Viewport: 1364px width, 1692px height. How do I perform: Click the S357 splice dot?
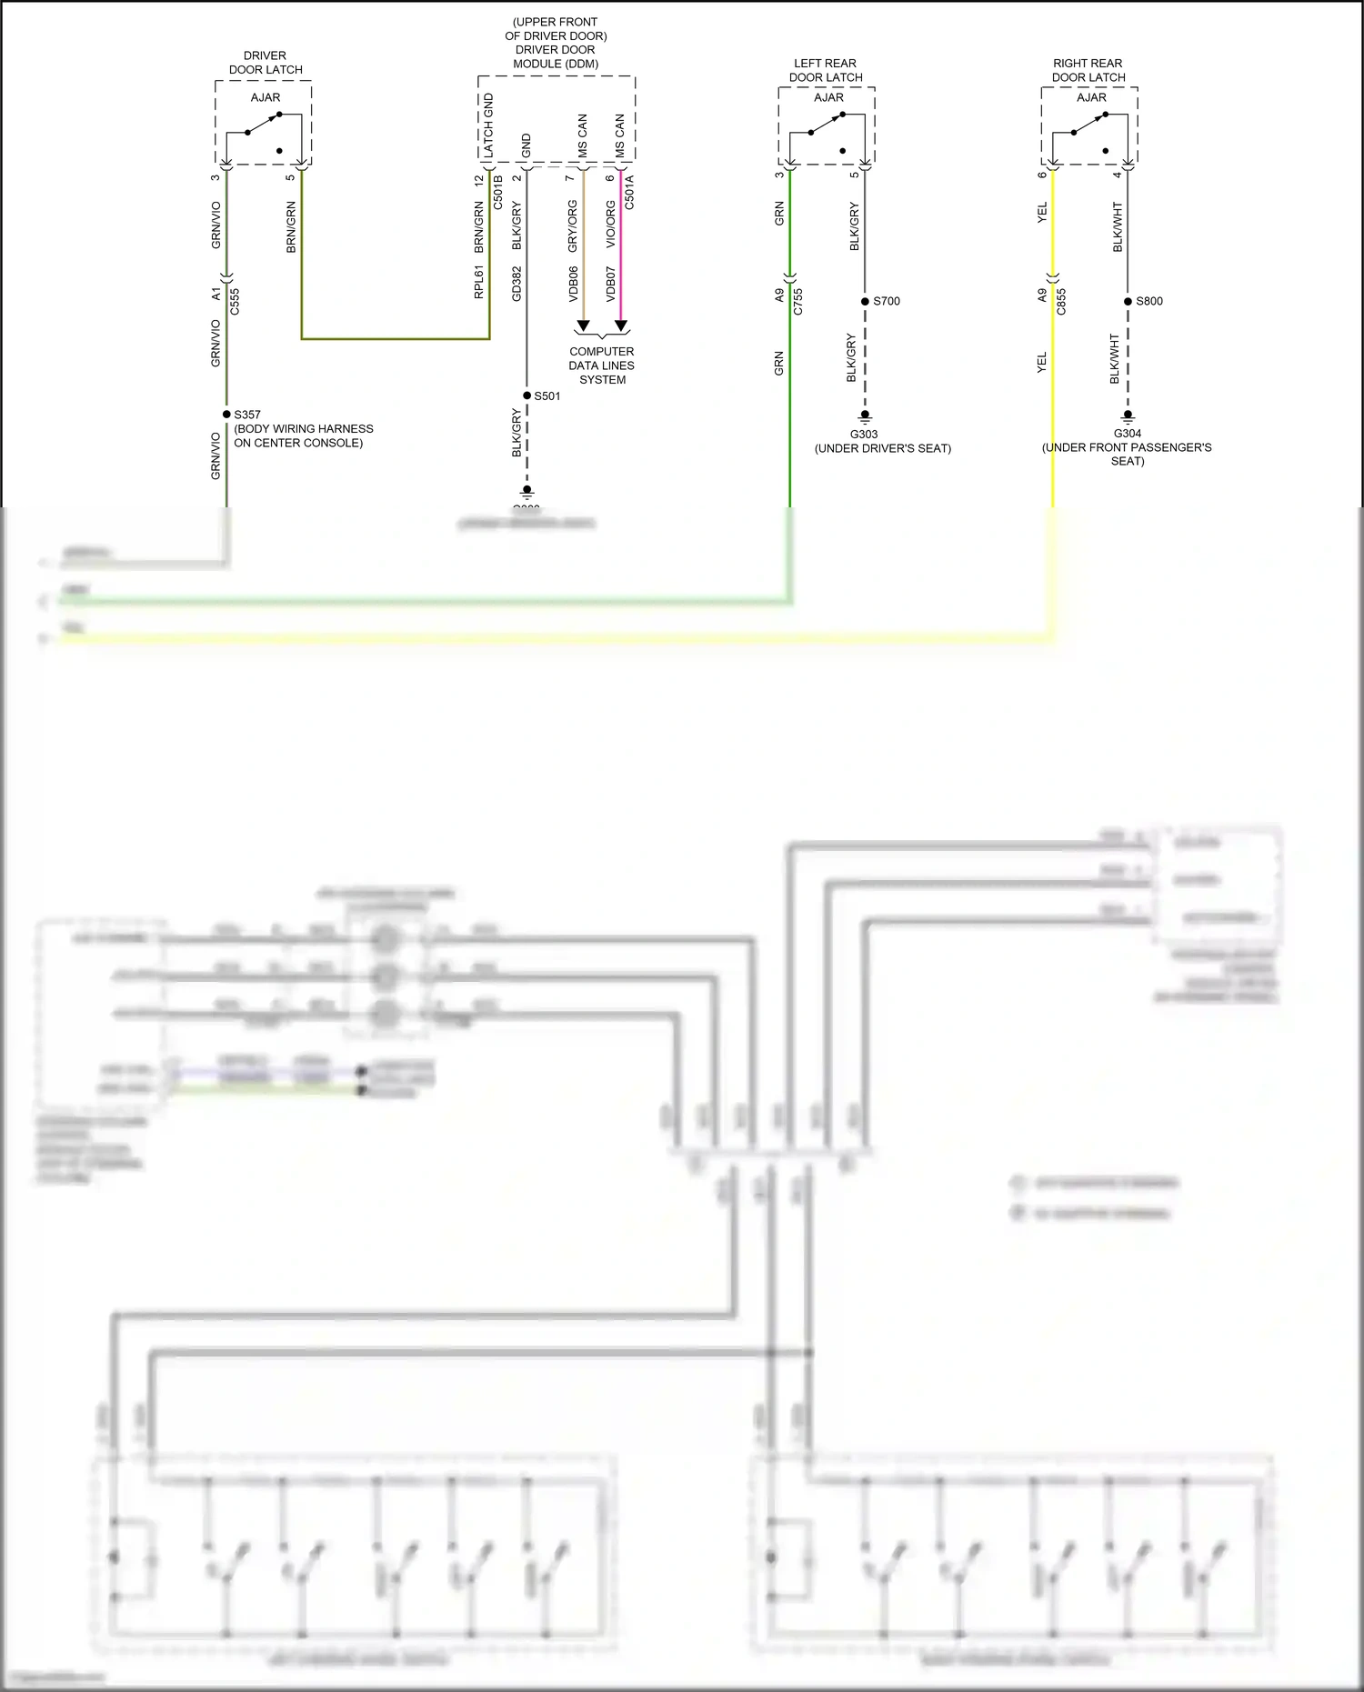(x=226, y=415)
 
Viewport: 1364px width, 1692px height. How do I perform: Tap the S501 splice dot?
(x=527, y=395)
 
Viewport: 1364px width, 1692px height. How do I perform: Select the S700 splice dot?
(x=865, y=301)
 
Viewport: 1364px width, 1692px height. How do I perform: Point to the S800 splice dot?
(x=1128, y=301)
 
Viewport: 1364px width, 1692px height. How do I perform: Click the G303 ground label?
(x=864, y=435)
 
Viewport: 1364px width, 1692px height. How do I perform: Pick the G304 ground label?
(x=1128, y=434)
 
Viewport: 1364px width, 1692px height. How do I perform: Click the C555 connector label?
(x=235, y=301)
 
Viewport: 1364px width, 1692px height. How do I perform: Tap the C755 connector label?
(x=798, y=301)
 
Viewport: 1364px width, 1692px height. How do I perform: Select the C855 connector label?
(x=1061, y=301)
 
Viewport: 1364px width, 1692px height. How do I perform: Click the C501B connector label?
(x=498, y=192)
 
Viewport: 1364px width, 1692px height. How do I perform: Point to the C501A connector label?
(x=629, y=192)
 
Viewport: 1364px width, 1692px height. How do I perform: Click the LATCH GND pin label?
(x=488, y=125)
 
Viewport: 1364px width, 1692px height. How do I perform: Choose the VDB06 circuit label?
(x=573, y=284)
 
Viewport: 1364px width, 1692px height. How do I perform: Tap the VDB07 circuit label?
(x=611, y=284)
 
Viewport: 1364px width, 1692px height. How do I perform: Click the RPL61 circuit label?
(x=478, y=282)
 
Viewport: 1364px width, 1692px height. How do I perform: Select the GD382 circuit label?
(x=517, y=284)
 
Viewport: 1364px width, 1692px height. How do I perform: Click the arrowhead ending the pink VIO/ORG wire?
(x=621, y=325)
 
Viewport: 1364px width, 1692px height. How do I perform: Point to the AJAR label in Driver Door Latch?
(x=266, y=97)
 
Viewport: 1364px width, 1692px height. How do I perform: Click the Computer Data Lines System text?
(x=602, y=365)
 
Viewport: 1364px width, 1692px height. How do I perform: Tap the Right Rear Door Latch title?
(x=1088, y=70)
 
